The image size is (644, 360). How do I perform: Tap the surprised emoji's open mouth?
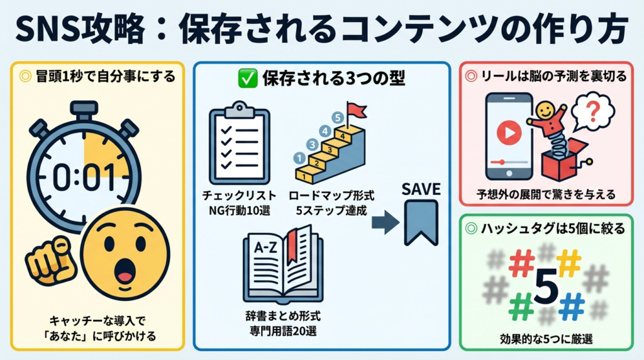click(x=126, y=274)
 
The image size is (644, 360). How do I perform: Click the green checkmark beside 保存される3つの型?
click(x=246, y=79)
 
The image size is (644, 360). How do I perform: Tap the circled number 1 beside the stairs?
click(x=299, y=159)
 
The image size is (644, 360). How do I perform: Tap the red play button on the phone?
click(x=508, y=133)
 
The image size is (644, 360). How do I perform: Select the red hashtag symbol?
click(x=521, y=264)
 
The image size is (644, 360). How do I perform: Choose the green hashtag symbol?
click(x=521, y=308)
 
